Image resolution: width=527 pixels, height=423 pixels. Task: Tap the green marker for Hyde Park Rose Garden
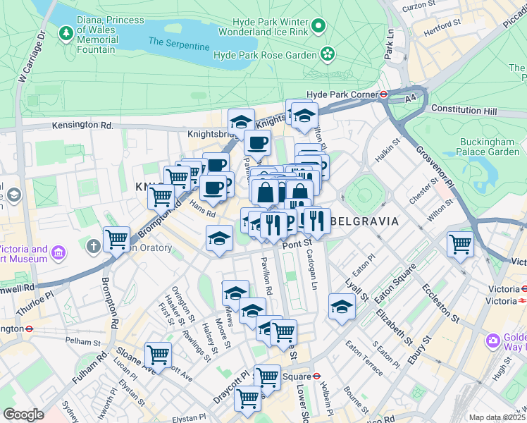pos(328,54)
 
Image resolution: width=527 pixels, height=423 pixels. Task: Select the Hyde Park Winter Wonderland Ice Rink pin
pos(318,27)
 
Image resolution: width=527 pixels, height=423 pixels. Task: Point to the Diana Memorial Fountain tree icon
pos(66,32)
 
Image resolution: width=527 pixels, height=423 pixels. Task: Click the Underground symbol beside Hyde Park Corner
pos(384,94)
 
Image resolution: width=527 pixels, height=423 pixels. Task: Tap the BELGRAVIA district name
pos(364,221)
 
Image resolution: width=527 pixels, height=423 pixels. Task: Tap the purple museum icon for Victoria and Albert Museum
pos(58,252)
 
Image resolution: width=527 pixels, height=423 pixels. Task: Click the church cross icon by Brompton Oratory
pos(93,247)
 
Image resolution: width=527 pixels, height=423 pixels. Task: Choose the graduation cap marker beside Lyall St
pos(342,306)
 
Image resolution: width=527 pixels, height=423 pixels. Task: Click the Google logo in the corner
pos(23,415)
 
